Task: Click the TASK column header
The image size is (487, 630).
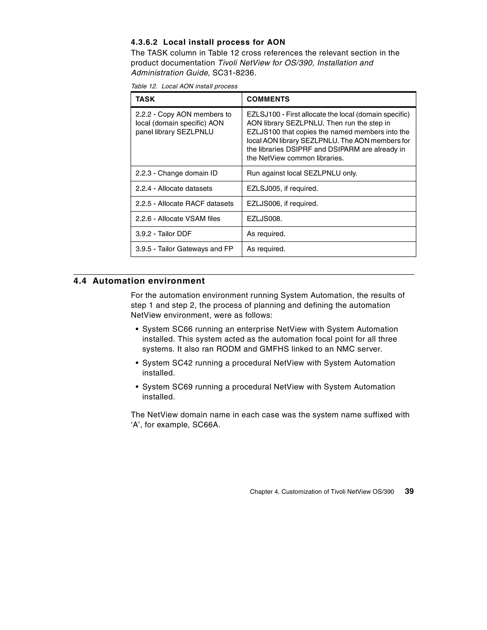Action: (x=145, y=99)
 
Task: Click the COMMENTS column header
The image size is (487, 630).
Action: (x=268, y=99)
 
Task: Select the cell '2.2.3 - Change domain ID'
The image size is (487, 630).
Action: (x=176, y=173)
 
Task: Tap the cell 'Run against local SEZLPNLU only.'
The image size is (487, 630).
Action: (x=302, y=173)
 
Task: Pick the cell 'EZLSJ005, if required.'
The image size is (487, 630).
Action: (x=282, y=189)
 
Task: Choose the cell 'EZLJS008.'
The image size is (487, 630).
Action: (x=264, y=219)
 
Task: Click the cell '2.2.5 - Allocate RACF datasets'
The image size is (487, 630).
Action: (x=185, y=204)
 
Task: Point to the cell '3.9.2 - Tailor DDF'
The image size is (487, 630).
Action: (x=163, y=234)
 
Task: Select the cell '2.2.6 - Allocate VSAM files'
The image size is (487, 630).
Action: (x=178, y=219)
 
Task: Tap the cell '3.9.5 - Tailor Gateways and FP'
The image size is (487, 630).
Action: (x=184, y=249)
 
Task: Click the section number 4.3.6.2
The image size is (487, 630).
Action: (x=144, y=42)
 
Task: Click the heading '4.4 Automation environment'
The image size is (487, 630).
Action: (x=139, y=281)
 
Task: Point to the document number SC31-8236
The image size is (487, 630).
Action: (x=234, y=73)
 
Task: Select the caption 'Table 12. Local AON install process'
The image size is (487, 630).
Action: (x=184, y=86)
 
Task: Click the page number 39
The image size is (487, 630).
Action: (x=409, y=491)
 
